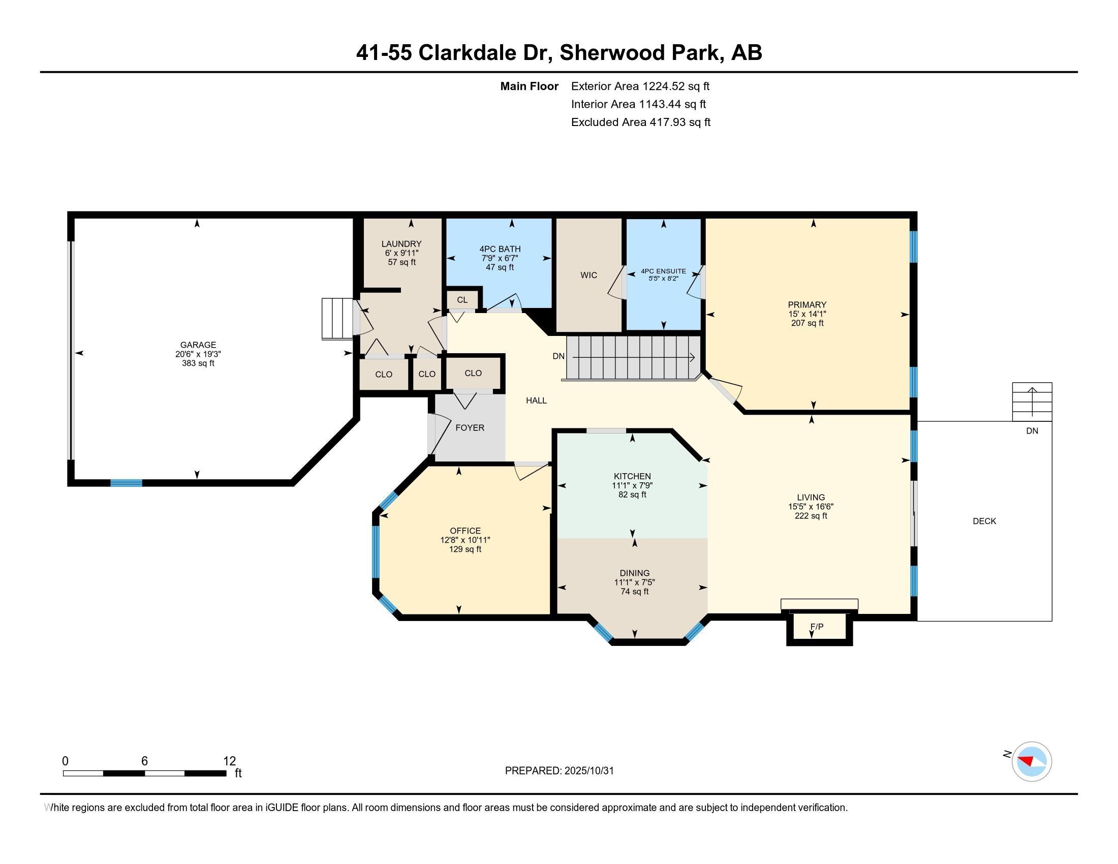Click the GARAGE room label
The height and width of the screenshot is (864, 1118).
coord(198,345)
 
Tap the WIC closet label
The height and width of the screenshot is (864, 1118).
coord(588,275)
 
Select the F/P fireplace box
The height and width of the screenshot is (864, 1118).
coord(819,628)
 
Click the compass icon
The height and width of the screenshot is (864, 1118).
coord(1032,762)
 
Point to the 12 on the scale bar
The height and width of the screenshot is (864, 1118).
coord(229,761)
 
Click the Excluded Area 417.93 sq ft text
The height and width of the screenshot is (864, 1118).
coord(640,122)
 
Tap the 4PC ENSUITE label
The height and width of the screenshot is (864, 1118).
coord(663,271)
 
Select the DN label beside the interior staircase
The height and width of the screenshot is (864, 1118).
coord(558,356)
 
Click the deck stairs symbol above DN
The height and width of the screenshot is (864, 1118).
coord(1032,402)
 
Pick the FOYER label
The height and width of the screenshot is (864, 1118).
coord(470,428)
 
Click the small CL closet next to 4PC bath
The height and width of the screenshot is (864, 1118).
coord(462,300)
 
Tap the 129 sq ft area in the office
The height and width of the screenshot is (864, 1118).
coord(465,549)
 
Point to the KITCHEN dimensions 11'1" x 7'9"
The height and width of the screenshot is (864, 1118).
coord(632,486)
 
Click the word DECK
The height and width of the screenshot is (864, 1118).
coord(984,521)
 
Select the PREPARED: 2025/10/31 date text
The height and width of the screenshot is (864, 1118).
coord(559,771)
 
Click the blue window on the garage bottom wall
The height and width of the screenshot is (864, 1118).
coord(127,483)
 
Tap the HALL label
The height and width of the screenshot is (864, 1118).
coord(536,401)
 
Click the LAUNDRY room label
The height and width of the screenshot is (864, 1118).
coord(401,244)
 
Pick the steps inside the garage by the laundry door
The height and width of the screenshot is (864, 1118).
coord(337,318)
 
